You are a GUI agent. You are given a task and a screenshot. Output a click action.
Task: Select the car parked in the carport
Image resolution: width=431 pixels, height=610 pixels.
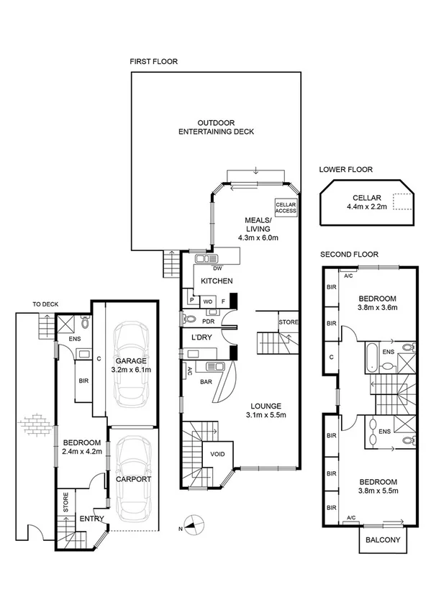click(x=132, y=477)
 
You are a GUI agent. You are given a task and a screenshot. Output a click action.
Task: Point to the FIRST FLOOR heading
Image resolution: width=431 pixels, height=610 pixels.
click(x=153, y=62)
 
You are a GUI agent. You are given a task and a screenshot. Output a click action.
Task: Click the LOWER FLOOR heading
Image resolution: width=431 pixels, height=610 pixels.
click(x=346, y=170)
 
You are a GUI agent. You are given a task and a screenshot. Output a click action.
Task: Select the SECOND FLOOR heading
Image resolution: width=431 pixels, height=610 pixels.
click(x=349, y=254)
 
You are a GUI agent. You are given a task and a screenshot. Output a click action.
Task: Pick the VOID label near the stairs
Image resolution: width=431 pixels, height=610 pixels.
click(x=218, y=455)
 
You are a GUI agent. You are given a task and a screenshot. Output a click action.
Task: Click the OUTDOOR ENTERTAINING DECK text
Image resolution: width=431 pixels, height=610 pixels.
click(x=216, y=127)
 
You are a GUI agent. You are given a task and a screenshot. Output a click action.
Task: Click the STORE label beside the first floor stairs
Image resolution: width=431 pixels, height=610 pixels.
click(x=289, y=322)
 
